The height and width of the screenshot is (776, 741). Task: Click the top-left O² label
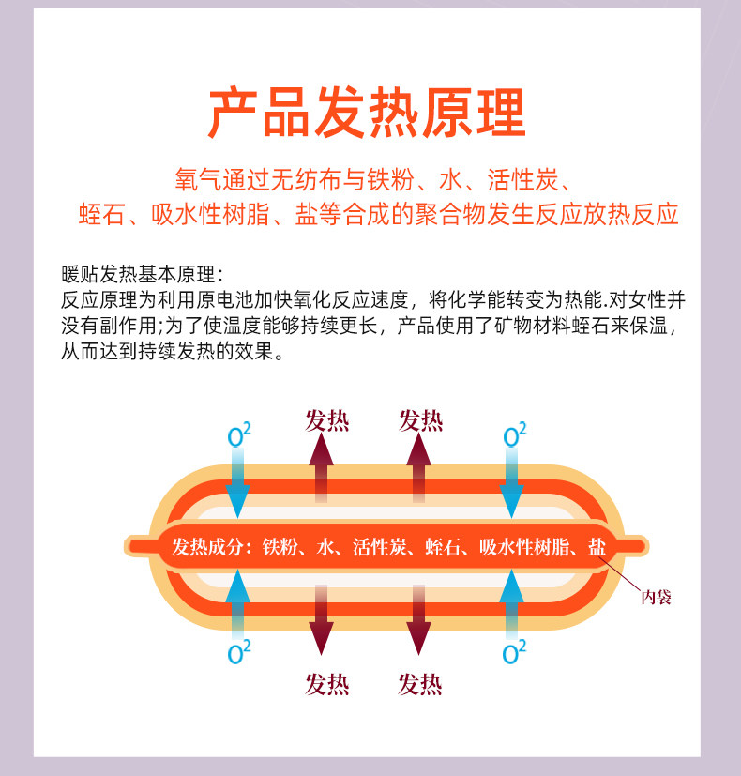point(239,435)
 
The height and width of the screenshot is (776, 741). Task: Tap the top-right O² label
point(514,435)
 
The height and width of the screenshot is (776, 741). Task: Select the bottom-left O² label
point(239,652)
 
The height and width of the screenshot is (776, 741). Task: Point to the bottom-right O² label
point(514,652)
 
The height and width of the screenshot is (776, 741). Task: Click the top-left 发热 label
point(326,420)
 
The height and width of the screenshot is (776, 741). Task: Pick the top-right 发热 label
point(420,420)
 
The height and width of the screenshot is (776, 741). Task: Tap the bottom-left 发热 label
point(326,684)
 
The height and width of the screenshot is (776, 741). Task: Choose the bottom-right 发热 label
point(420,684)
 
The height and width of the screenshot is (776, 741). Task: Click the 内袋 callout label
point(656,597)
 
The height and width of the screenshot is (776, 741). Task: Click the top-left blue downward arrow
point(238,483)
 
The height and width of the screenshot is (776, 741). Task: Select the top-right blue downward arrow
point(511,483)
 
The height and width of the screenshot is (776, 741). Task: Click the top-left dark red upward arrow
point(322,469)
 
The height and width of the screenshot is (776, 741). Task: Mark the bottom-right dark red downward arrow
point(416,619)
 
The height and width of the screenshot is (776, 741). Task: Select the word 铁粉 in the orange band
point(280,547)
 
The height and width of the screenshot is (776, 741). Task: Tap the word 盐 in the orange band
point(597,547)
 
